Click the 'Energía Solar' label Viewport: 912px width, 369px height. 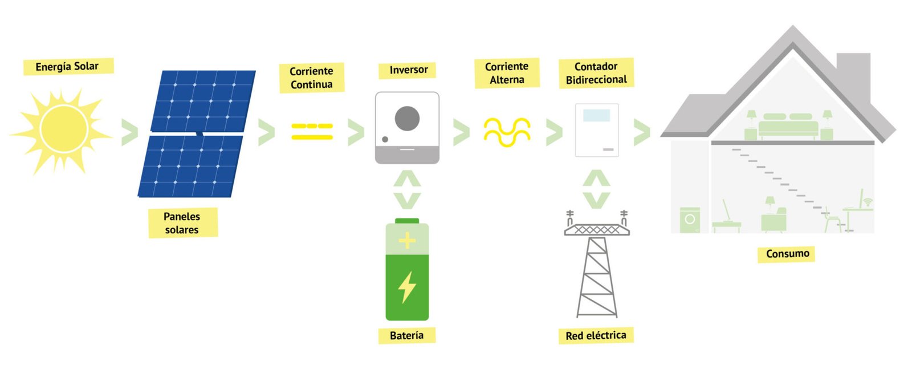tap(68, 66)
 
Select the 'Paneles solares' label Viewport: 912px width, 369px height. tap(182, 223)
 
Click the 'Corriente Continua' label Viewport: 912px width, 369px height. tap(311, 78)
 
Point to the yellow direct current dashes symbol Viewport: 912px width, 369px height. tap(312, 131)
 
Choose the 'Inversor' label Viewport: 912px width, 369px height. tap(408, 70)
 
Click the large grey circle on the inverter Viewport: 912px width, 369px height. tap(407, 118)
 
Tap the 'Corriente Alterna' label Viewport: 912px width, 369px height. tap(507, 73)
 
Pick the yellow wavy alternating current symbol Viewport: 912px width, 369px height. tap(507, 132)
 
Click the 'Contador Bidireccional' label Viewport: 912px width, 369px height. tap(596, 73)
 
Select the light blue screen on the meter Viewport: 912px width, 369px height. tap(596, 115)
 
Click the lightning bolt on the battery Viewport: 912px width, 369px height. tap(406, 286)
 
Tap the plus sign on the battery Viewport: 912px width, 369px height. tap(406, 241)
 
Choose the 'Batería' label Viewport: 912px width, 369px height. tap(406, 335)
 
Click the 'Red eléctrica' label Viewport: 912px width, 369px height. tap(596, 335)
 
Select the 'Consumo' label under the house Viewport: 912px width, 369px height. tap(787, 253)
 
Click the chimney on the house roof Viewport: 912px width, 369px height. tap(853, 71)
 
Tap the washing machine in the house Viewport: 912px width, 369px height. tap(690, 220)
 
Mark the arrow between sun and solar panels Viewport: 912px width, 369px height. tap(130, 132)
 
